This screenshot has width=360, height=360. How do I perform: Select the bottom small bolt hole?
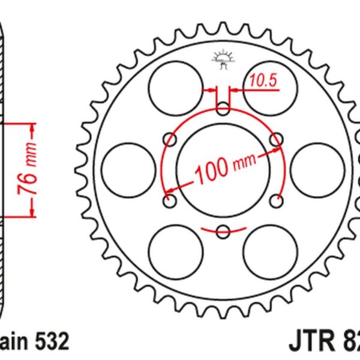click(x=223, y=230)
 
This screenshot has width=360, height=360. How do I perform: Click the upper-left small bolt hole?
click(x=171, y=140)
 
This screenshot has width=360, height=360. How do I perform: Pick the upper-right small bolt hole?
click(x=275, y=140)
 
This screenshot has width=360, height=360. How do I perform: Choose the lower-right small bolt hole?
click(x=275, y=200)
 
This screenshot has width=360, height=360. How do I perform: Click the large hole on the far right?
click(x=319, y=170)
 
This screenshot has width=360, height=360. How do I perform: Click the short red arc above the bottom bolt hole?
click(x=223, y=219)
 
